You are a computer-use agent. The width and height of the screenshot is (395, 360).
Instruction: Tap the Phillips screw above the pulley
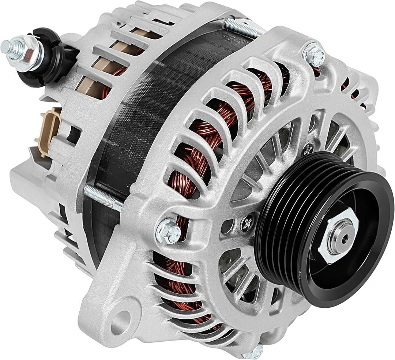tap(308, 148)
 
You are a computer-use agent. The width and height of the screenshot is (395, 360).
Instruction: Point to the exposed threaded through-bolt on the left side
tap(103, 198)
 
